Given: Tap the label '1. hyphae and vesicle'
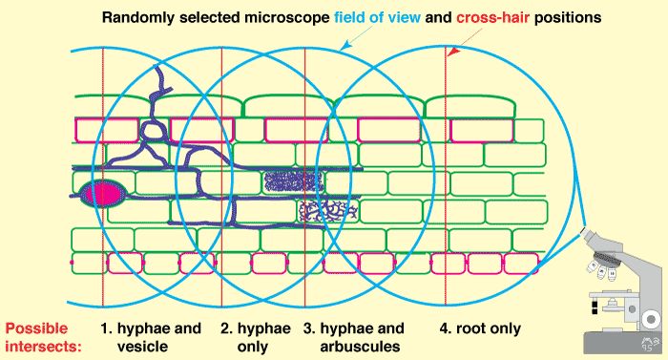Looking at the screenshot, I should coord(157,337).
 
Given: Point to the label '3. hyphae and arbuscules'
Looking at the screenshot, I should coord(354,337).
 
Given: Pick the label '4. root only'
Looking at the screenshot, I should coord(481,329).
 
